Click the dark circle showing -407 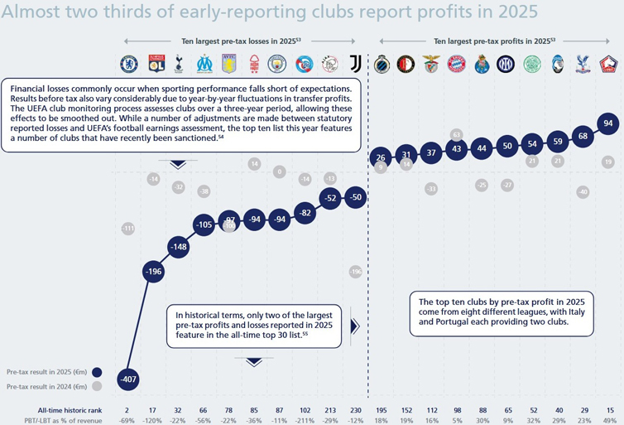[128, 380]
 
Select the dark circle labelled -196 [153, 272]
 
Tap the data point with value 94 [608, 123]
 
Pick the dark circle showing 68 [583, 136]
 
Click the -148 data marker [178, 247]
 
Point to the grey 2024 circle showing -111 [128, 228]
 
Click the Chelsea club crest [128, 64]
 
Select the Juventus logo [356, 64]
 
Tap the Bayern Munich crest [457, 64]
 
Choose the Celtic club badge [533, 64]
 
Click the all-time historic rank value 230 [356, 410]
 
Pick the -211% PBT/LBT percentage [305, 420]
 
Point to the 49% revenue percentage [609, 420]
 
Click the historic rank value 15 [609, 410]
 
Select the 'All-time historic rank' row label [71, 410]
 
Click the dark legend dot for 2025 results [98, 372]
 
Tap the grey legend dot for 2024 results [98, 387]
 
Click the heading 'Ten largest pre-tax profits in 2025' [493, 40]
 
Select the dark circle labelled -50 [356, 196]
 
